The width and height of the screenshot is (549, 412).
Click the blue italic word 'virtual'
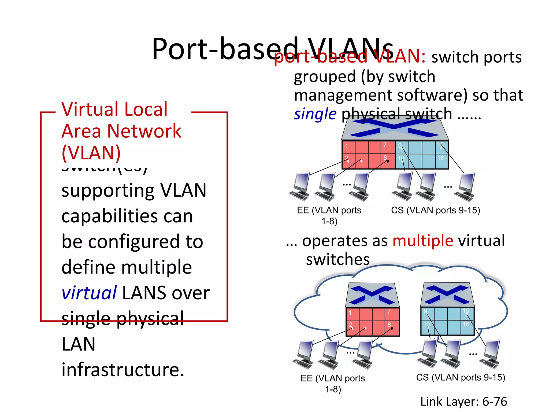pos(89,293)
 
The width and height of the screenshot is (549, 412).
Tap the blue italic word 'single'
pos(315,114)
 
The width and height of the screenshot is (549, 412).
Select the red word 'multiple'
pos(423,240)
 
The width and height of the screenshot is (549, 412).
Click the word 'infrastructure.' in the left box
pos(123,370)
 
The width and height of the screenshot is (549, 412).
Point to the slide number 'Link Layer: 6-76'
pos(463,402)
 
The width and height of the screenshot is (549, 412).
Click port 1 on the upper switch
pos(348,147)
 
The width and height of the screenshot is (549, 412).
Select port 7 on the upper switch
pos(388,147)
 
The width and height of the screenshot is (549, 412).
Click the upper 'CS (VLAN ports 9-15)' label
pos(435,210)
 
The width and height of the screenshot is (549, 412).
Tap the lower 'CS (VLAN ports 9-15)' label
pos(461,377)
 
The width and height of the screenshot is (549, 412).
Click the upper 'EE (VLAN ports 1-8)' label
pos(329,216)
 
